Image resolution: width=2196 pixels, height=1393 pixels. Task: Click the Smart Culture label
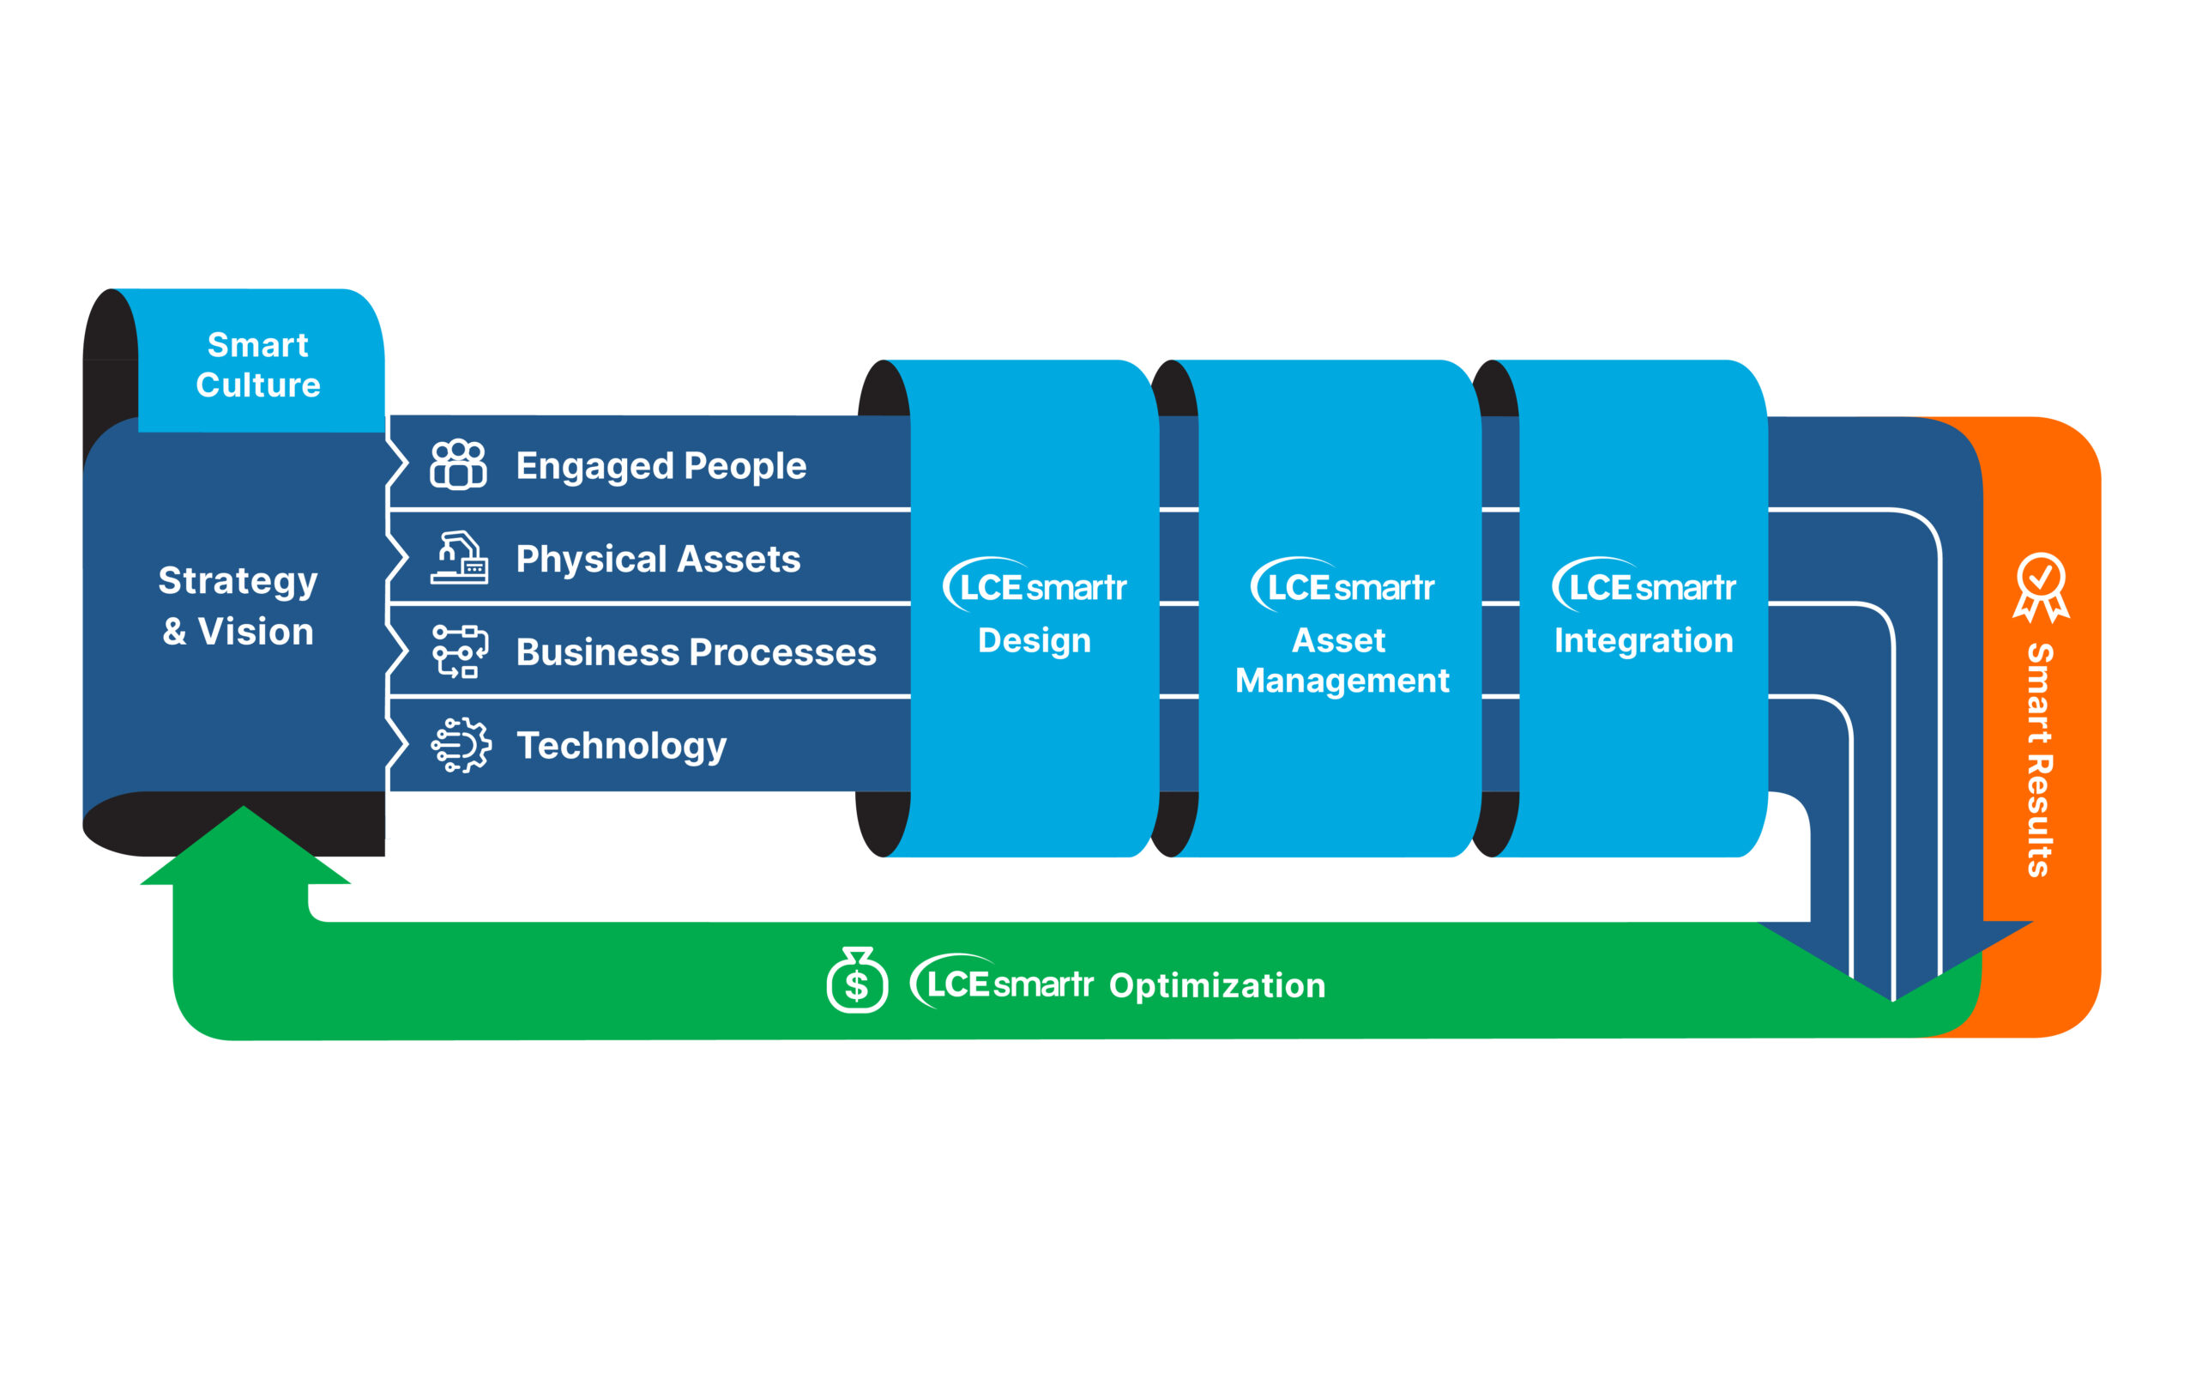(x=258, y=365)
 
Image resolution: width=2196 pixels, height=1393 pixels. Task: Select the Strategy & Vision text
(x=238, y=606)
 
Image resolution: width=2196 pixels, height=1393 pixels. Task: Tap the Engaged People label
(x=661, y=467)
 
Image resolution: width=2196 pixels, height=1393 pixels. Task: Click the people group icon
(x=459, y=464)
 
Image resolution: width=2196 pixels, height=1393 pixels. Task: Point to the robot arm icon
(x=460, y=557)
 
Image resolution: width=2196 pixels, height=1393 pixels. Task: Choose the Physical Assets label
(x=659, y=560)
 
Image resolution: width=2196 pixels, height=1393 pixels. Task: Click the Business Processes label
(x=696, y=652)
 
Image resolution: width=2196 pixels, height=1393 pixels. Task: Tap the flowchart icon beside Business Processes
(x=460, y=651)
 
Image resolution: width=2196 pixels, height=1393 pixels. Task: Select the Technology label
(x=622, y=746)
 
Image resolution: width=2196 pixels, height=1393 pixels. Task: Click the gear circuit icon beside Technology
(x=461, y=745)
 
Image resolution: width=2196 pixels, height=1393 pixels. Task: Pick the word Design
(x=1035, y=641)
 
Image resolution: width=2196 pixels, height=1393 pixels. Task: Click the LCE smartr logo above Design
(x=1035, y=584)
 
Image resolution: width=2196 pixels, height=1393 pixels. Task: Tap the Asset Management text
(x=1342, y=661)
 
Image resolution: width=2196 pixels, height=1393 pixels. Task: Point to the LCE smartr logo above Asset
(x=1342, y=584)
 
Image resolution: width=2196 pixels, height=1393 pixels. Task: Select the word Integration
(x=1644, y=641)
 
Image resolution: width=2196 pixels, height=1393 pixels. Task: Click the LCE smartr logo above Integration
(x=1644, y=584)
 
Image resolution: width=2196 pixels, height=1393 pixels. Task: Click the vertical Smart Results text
(x=2039, y=760)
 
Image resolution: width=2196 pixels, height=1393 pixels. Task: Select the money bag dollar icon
(x=856, y=980)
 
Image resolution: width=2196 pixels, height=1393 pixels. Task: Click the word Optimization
(x=1216, y=986)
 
